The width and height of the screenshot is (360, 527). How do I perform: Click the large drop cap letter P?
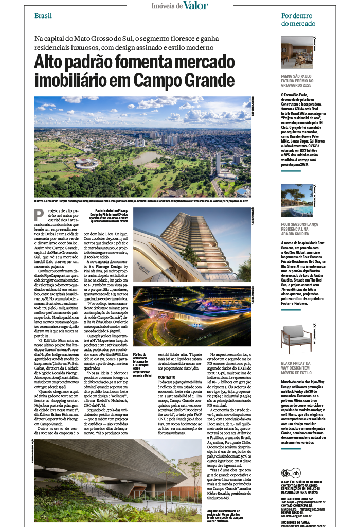click(39, 215)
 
